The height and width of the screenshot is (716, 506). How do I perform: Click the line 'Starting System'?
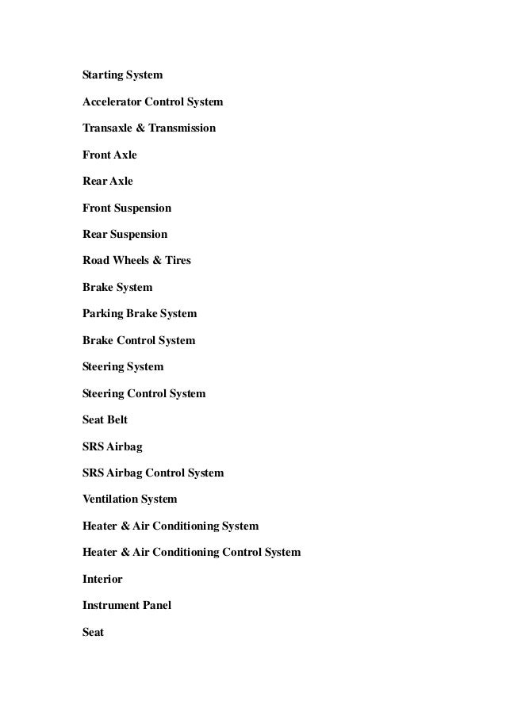122,75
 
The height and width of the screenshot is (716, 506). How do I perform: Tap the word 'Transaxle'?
107,128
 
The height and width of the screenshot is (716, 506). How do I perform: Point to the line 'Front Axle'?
109,155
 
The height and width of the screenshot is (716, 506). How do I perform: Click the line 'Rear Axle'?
108,182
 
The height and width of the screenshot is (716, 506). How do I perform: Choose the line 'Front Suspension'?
127,209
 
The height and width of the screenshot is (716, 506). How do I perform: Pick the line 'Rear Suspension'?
125,235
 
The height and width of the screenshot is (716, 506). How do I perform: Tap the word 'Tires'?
175,261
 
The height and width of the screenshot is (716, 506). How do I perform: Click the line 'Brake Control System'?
139,341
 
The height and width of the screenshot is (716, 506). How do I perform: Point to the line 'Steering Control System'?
144,394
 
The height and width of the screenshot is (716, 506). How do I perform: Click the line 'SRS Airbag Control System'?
153,473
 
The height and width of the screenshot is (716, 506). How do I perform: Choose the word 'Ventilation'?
109,500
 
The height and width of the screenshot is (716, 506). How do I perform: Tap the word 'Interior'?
102,580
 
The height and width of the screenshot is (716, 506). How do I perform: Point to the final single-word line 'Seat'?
94,633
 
